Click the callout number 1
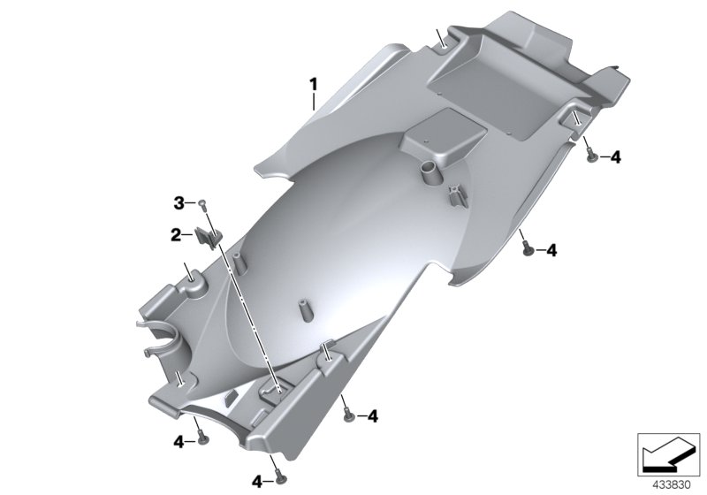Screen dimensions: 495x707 (x=312, y=84)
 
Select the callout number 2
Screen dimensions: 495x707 (x=176, y=235)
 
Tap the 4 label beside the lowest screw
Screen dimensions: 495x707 (x=257, y=482)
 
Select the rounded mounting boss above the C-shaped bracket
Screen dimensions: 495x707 (x=192, y=282)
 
